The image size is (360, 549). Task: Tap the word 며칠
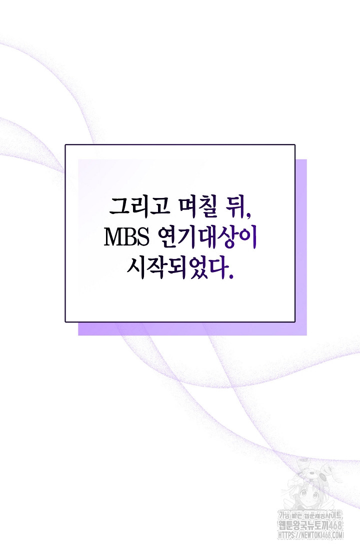pyautogui.click(x=198, y=207)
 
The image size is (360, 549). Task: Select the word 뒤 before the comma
pyautogui.click(x=235, y=207)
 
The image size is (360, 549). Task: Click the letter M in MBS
pyautogui.click(x=113, y=237)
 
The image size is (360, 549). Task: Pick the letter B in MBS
pyautogui.click(x=129, y=237)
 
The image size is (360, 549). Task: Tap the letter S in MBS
pyautogui.click(x=143, y=237)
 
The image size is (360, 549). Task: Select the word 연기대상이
pyautogui.click(x=208, y=237)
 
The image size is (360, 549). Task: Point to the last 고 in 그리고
pyautogui.click(x=159, y=206)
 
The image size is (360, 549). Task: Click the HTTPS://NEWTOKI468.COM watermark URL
pyautogui.click(x=311, y=535)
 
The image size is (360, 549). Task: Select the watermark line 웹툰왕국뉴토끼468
pyautogui.click(x=310, y=525)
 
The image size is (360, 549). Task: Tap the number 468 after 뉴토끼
pyautogui.click(x=335, y=525)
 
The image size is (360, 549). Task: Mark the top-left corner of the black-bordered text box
pyautogui.click(x=65, y=144)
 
